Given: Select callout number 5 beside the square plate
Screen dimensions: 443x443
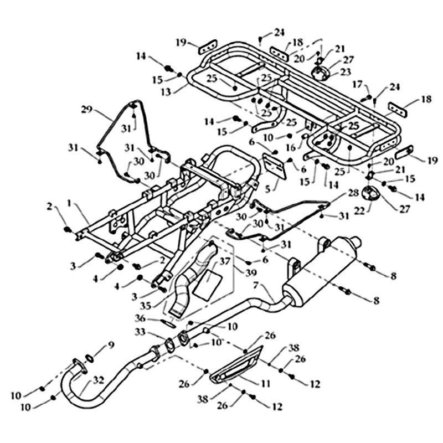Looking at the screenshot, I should (268, 188).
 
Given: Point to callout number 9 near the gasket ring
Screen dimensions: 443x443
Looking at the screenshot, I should (111, 345).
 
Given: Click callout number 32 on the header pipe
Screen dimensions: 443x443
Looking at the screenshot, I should (99, 381).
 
